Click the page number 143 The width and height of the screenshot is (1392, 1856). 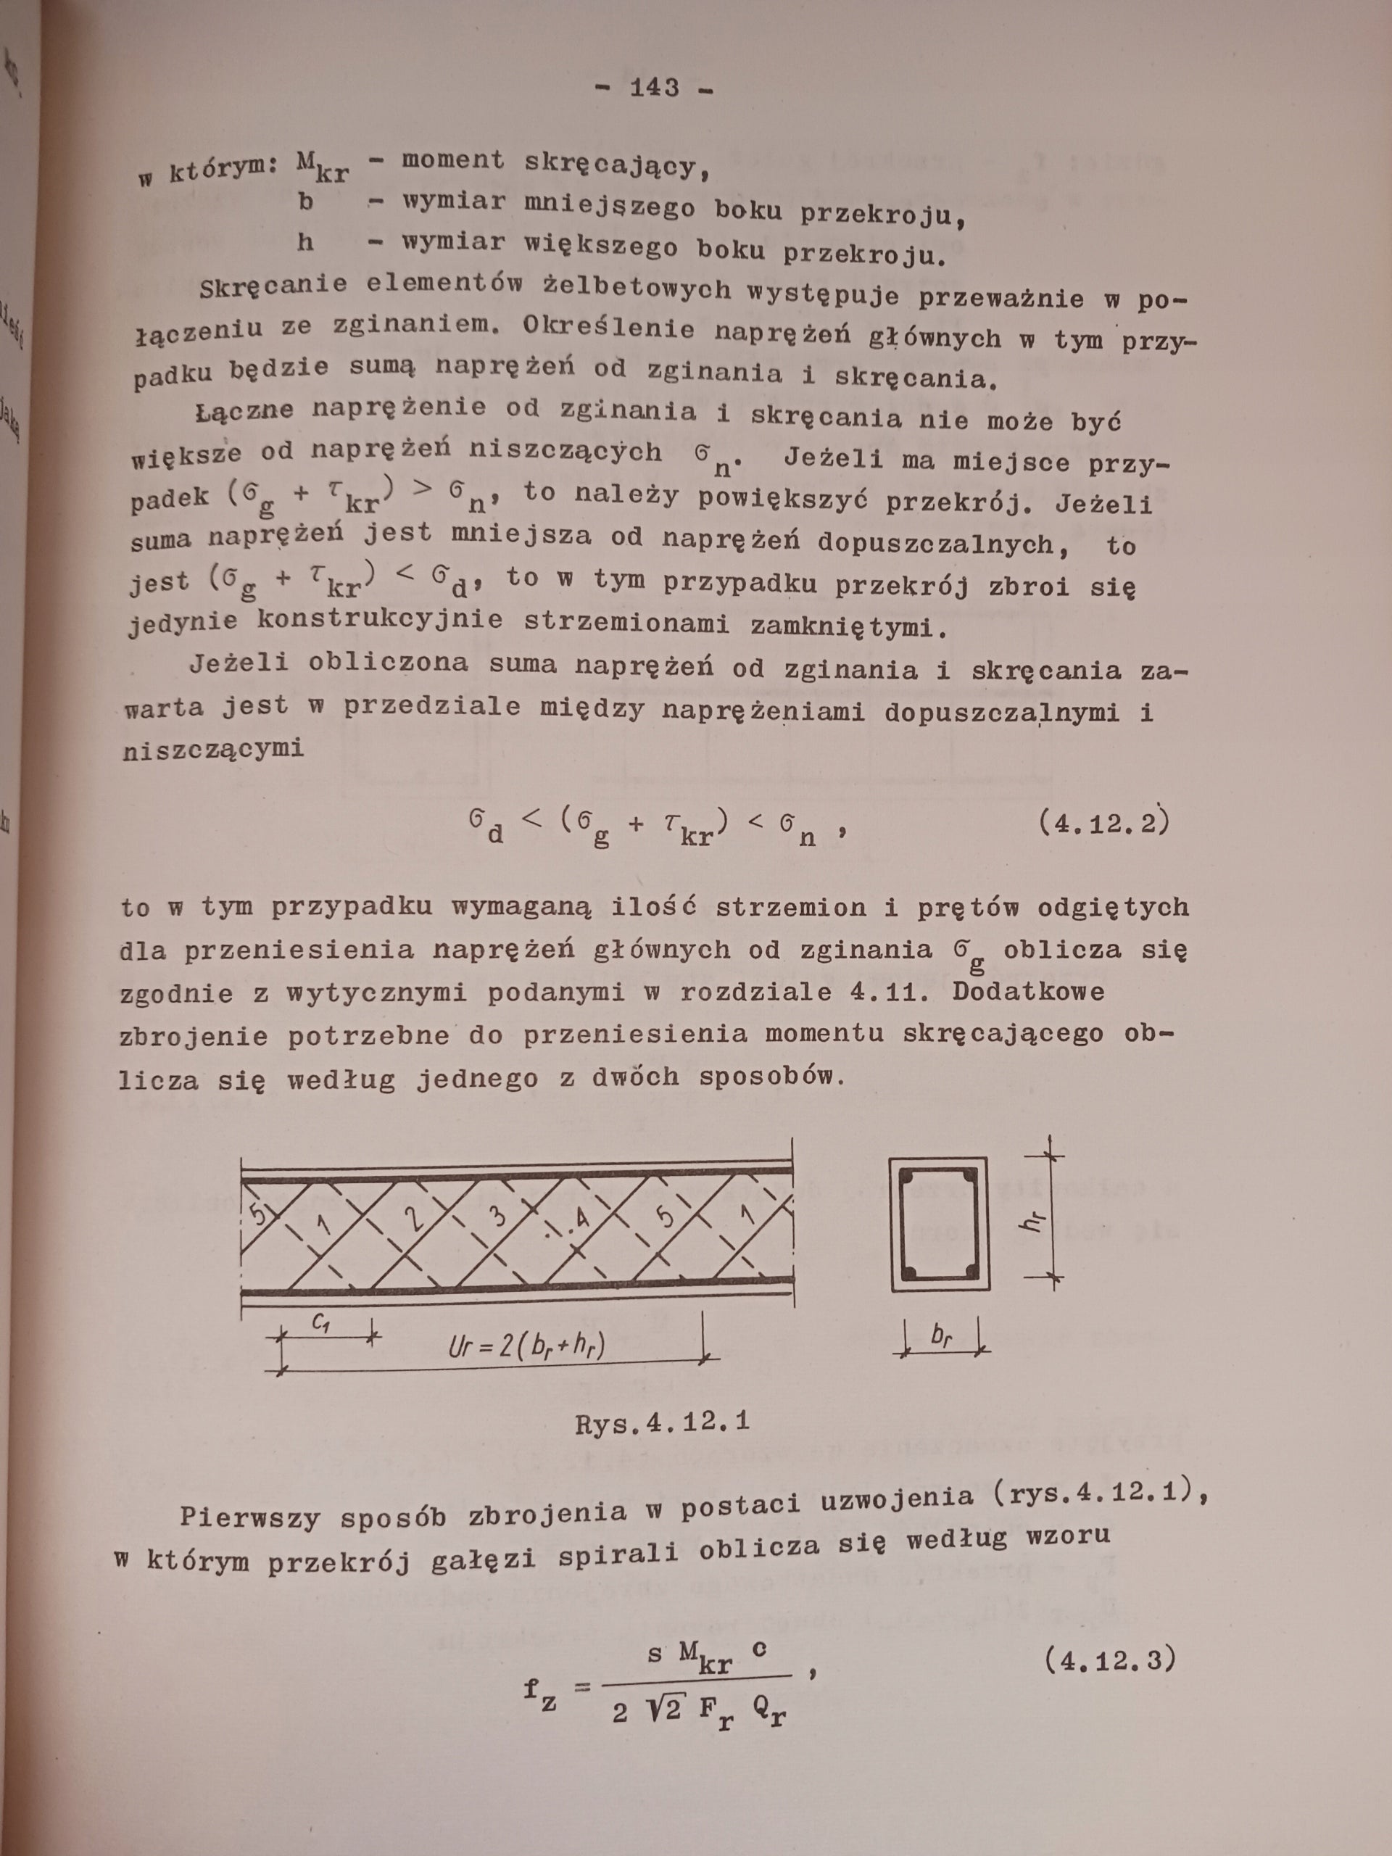pyautogui.click(x=655, y=87)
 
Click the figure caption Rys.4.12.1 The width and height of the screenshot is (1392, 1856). pyautogui.click(x=662, y=1423)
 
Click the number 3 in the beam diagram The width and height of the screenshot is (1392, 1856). pyautogui.click(x=498, y=1217)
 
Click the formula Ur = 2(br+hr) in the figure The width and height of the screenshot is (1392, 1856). pyautogui.click(x=527, y=1345)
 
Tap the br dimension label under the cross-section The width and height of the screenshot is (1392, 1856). pyautogui.click(x=942, y=1338)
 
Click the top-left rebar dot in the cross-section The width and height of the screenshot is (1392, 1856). pyautogui.click(x=908, y=1178)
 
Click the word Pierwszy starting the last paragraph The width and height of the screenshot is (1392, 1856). pyautogui.click(x=250, y=1516)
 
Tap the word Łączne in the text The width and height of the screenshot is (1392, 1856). pyautogui.click(x=244, y=410)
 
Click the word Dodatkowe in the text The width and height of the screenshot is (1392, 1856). pyautogui.click(x=1028, y=993)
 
